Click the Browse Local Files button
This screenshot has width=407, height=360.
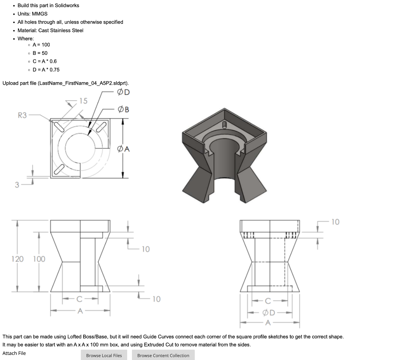coord(104,355)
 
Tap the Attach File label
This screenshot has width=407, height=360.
coord(14,353)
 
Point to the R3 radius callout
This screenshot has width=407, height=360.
coord(22,115)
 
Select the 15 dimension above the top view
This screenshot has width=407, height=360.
coord(83,101)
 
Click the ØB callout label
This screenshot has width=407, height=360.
coord(123,109)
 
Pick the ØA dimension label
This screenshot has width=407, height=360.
coord(123,149)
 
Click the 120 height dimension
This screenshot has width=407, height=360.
coord(17,259)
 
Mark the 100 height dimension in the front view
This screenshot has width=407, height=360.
coord(39,259)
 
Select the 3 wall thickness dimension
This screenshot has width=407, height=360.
coord(17,184)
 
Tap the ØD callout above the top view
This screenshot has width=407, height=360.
coord(123,93)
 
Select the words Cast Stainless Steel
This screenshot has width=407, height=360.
coord(61,30)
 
